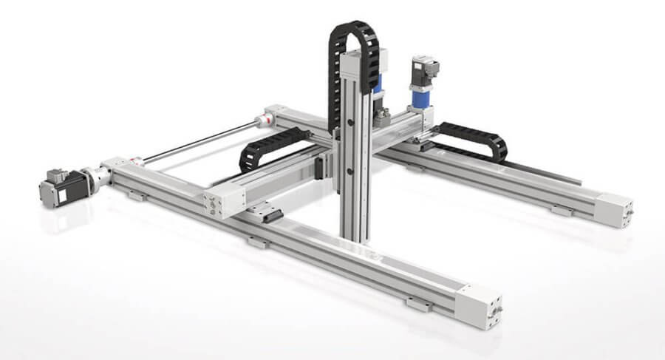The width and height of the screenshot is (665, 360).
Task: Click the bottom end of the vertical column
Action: click(x=353, y=235)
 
